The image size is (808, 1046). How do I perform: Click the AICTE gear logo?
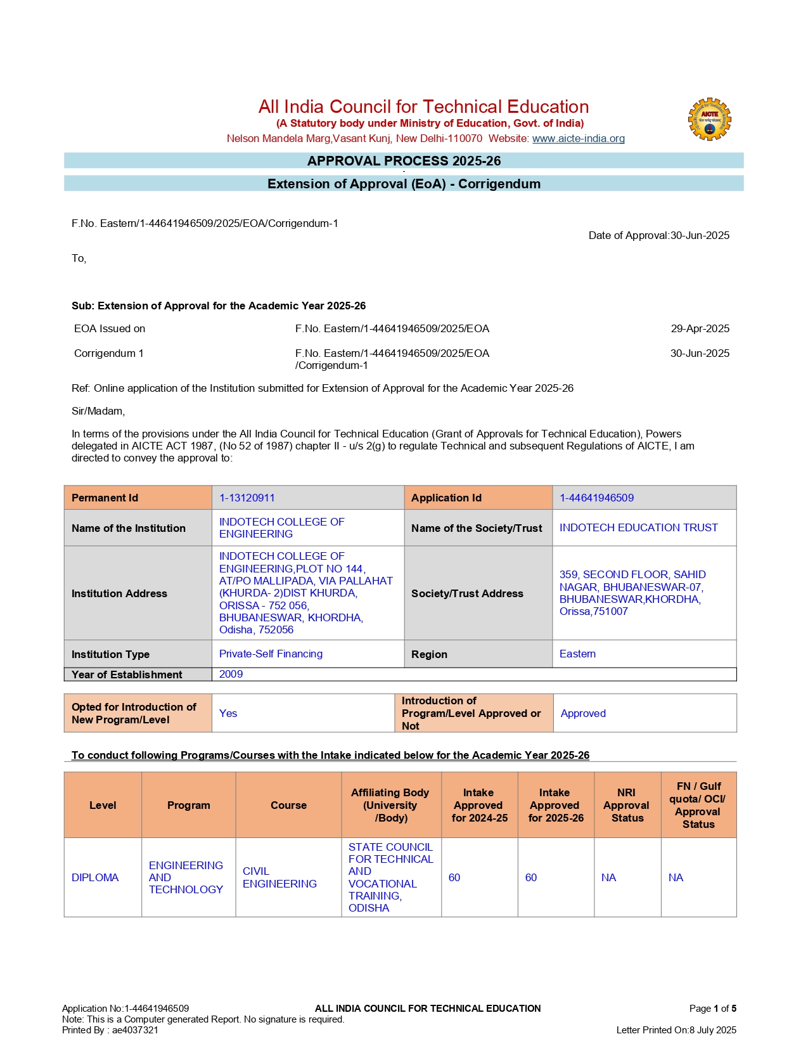(709, 119)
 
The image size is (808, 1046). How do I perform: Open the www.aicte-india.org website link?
(578, 138)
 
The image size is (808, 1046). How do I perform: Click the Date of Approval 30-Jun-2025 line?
(658, 235)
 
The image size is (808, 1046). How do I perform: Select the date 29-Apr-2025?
(700, 328)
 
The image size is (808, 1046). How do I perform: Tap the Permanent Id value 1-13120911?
(247, 498)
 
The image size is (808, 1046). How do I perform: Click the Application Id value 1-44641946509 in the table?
(596, 498)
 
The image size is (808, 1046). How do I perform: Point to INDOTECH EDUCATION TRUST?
(638, 527)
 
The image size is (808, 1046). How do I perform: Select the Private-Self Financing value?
(271, 654)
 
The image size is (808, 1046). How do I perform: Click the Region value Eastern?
(577, 654)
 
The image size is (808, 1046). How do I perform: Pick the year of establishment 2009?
(231, 674)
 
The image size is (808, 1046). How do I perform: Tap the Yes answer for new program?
(228, 713)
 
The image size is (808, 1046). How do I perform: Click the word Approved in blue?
(583, 713)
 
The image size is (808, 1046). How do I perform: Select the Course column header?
(288, 805)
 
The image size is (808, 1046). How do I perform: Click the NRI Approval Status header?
(627, 805)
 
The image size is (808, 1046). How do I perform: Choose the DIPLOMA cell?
(95, 877)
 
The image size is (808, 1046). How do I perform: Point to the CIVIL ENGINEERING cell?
(279, 877)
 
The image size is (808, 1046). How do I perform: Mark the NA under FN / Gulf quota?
(676, 877)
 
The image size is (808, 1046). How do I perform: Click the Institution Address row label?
(119, 593)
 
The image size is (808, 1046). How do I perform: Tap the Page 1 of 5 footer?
(712, 1008)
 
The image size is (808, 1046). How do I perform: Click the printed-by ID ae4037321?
(135, 1030)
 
